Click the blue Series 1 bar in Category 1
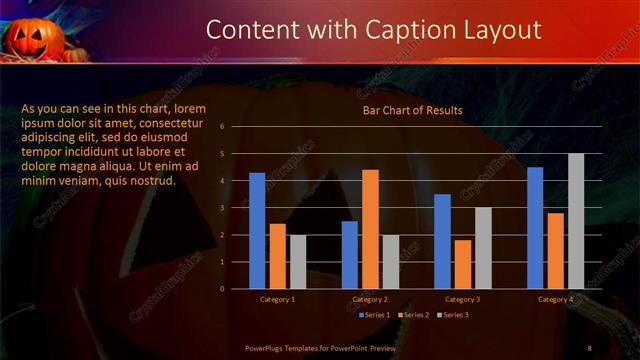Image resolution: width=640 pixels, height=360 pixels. tap(257, 231)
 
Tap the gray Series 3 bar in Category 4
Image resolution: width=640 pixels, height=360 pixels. tap(576, 221)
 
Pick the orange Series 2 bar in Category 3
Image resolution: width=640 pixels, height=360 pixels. tap(463, 264)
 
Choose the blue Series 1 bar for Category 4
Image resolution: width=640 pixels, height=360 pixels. tap(535, 228)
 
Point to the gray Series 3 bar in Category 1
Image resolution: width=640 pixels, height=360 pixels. tap(298, 262)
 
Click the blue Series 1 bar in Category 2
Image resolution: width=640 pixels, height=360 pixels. tap(350, 255)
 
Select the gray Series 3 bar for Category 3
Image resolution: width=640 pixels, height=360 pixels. tap(483, 248)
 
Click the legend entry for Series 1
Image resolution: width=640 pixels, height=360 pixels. tap(374, 315)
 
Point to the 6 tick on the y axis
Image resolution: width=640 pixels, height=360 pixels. tap(236, 127)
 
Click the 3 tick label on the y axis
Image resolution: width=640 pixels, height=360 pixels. tap(236, 208)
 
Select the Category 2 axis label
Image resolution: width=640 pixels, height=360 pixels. tap(370, 299)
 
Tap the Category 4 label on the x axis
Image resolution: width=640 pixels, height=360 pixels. tap(555, 299)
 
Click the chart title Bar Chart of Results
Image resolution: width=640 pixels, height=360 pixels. tap(412, 110)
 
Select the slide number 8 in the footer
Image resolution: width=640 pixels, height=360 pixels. tap(589, 347)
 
